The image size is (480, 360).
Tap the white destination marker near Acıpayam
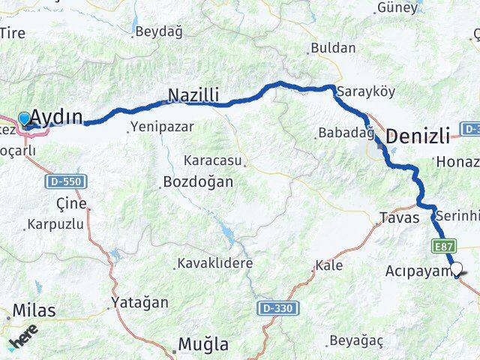tap(456, 268)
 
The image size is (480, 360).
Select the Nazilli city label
tap(193, 95)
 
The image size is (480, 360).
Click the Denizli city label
tap(418, 136)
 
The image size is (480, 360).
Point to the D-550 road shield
tap(67, 181)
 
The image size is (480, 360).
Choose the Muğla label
tap(202, 344)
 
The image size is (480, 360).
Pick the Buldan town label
tap(332, 48)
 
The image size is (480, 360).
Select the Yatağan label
tap(139, 302)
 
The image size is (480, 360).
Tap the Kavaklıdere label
tap(214, 263)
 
